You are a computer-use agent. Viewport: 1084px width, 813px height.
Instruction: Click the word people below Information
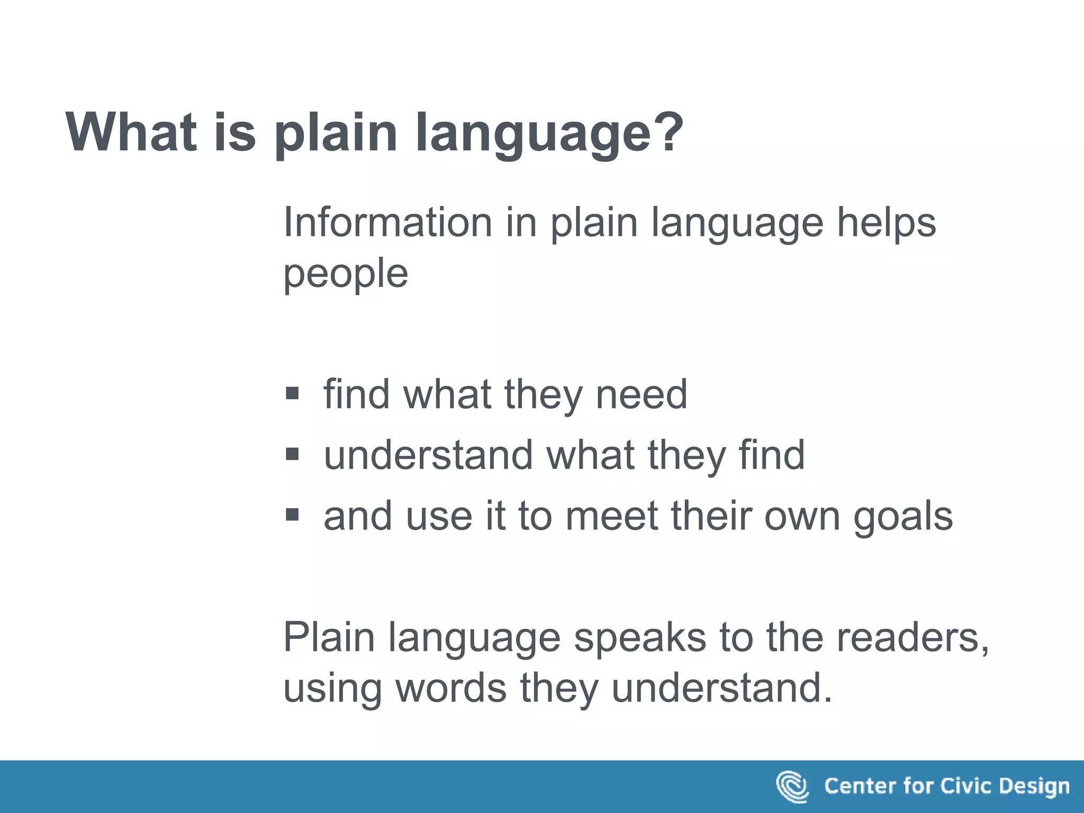coord(346,274)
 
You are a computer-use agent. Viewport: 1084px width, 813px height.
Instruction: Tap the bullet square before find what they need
coord(292,393)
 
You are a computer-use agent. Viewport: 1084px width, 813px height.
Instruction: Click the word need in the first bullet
coord(642,394)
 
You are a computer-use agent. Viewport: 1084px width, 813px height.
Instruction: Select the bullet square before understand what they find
coord(292,454)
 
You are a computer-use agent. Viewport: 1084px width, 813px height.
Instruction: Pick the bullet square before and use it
coord(292,514)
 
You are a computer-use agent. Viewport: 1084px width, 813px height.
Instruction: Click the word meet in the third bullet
coord(611,516)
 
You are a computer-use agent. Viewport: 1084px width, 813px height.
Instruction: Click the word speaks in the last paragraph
coord(640,637)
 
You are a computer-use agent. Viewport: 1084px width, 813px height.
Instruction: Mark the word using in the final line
coord(332,688)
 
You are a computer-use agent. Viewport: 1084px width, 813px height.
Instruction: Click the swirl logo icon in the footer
coord(792,787)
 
